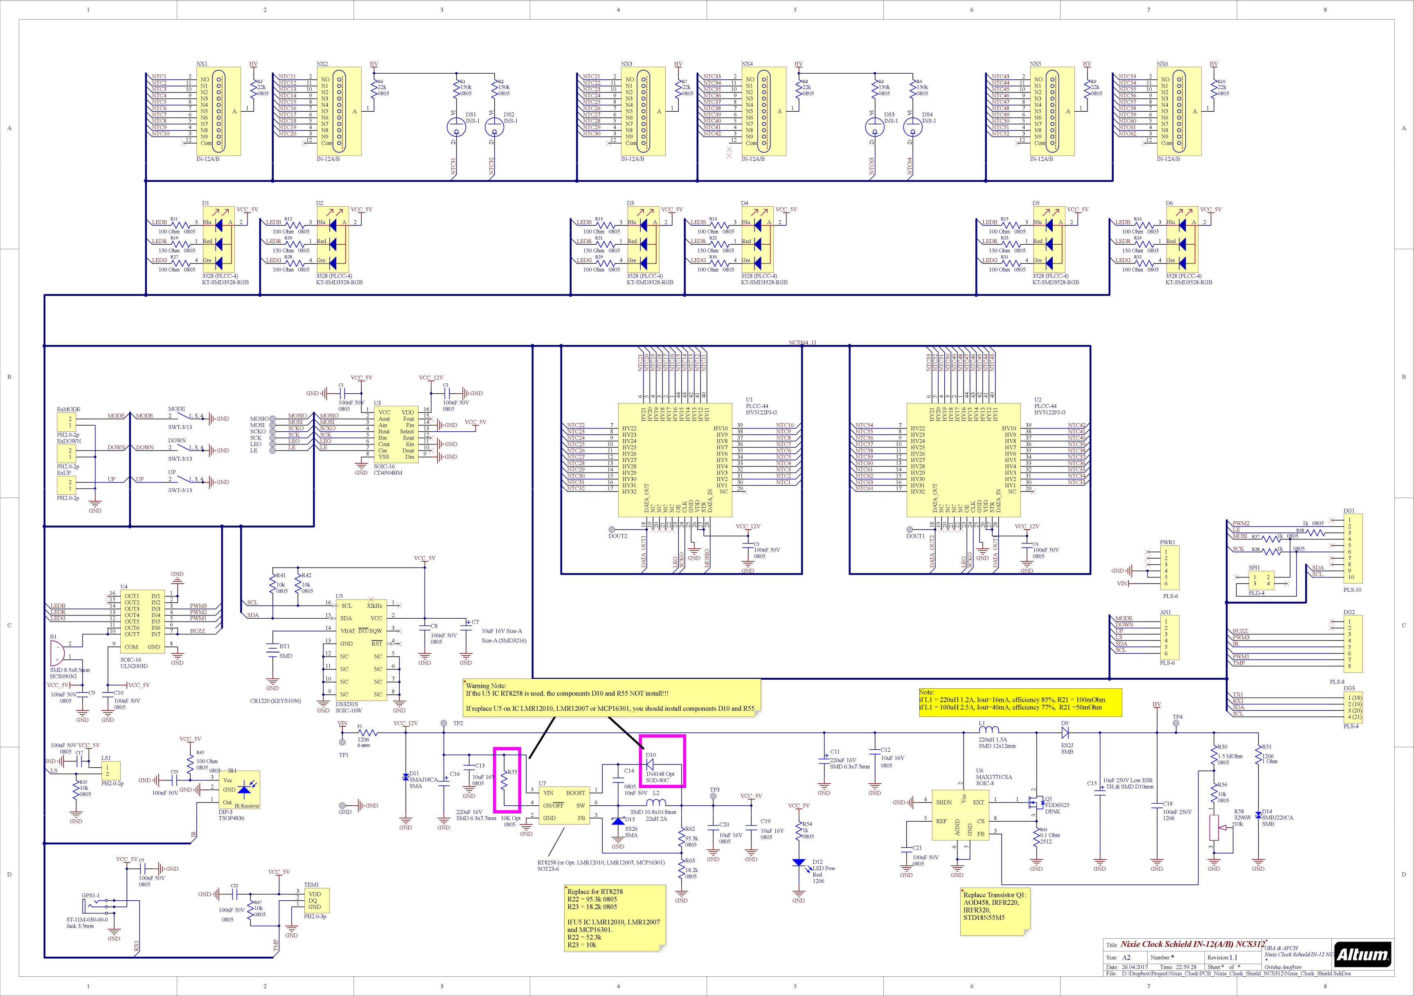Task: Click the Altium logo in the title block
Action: coord(1362,955)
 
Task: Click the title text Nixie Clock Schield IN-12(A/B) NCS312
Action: coord(1192,944)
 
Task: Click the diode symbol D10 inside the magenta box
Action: coord(649,764)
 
